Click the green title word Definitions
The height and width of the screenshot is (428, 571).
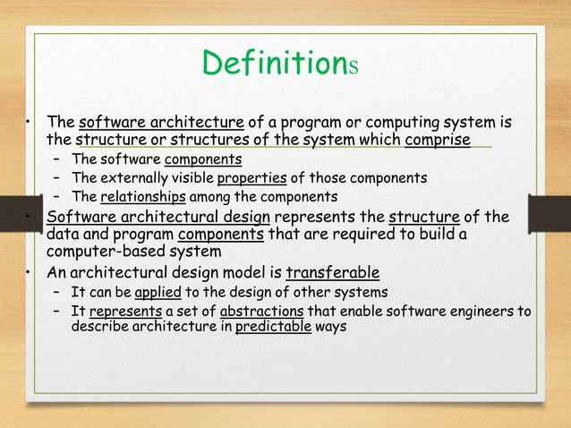click(x=280, y=64)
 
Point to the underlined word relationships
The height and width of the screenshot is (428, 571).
click(x=143, y=196)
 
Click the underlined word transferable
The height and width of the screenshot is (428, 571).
click(x=332, y=272)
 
